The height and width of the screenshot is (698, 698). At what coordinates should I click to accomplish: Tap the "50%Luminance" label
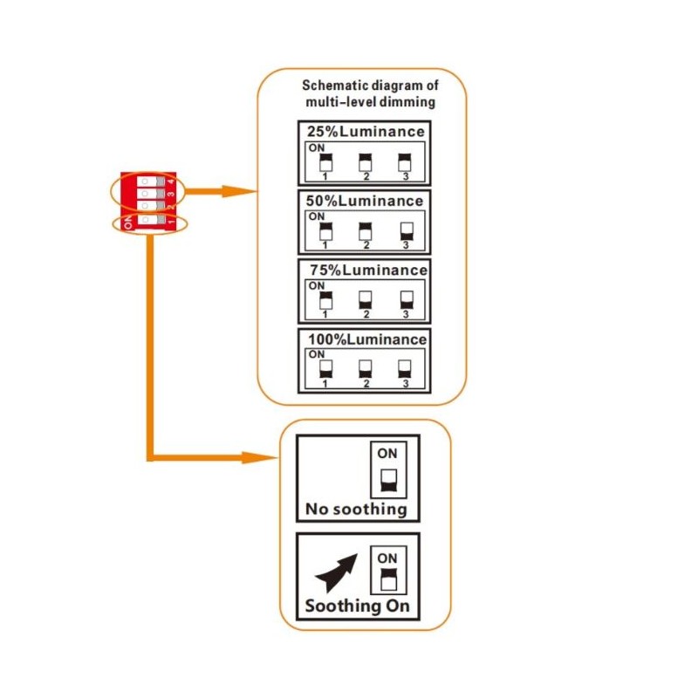coord(365,201)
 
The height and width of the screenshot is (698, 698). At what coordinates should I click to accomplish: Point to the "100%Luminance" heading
coord(366,339)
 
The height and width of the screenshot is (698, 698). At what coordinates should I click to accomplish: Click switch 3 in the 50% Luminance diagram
coord(405,231)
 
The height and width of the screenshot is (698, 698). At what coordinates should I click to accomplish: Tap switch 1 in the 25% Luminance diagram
coord(325,162)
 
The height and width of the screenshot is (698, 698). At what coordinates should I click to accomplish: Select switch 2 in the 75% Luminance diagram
coord(366,300)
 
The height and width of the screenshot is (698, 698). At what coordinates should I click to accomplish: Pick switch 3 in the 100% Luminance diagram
coord(404,368)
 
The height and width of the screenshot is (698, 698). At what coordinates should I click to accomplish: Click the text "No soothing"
coord(356,509)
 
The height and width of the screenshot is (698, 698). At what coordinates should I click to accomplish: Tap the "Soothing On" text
coord(356,606)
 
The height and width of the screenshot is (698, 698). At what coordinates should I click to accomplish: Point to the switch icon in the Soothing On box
coord(387,577)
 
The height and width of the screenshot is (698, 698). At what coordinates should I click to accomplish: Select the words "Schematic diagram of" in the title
coord(370,86)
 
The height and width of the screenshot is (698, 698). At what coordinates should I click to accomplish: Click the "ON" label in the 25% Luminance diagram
coord(315,148)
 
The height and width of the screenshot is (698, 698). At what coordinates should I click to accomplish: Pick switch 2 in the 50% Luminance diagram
coord(366,231)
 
